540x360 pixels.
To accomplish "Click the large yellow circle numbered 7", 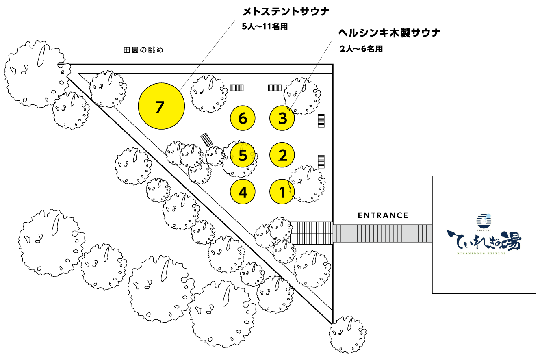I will pos(161,106).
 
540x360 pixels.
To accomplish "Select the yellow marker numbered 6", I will pos(243,118).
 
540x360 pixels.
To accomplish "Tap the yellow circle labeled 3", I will pos(282,118).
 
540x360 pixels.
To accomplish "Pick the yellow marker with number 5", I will pos(243,155).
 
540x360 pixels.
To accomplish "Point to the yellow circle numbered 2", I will pos(282,155).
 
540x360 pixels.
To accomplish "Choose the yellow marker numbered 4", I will pos(243,192).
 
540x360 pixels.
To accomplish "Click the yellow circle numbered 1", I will pos(282,192).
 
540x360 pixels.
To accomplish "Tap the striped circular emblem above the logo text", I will pos(484,221).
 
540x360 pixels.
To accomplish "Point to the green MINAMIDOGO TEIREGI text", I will pos(484,253).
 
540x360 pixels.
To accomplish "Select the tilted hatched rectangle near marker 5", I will pos(207,140).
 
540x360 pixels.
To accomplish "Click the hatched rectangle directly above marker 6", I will pos(236,87).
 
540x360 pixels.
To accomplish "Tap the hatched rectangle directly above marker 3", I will pos(275,87).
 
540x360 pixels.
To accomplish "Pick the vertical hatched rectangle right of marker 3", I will pos(321,121).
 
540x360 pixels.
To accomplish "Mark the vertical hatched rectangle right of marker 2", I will pos(321,161).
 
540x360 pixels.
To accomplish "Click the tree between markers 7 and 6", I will pos(209,94).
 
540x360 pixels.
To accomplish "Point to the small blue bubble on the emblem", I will pos(488,216).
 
